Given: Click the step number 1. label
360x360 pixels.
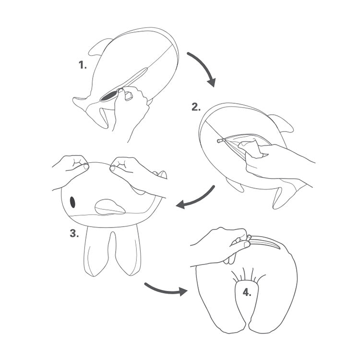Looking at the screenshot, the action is point(83,65).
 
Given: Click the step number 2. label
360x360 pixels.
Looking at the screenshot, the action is point(196,107).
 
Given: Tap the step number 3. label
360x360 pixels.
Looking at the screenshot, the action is point(74,233).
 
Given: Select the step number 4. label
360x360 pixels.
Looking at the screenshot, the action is point(247,292).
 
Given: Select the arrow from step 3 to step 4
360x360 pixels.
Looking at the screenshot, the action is point(165,290).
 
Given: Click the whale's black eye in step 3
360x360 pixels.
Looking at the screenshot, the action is point(72,202).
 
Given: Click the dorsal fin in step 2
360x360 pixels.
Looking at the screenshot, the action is point(282,123).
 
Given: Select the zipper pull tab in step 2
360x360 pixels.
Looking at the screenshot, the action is point(221,140).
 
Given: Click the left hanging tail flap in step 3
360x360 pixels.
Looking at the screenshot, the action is point(96,252).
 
